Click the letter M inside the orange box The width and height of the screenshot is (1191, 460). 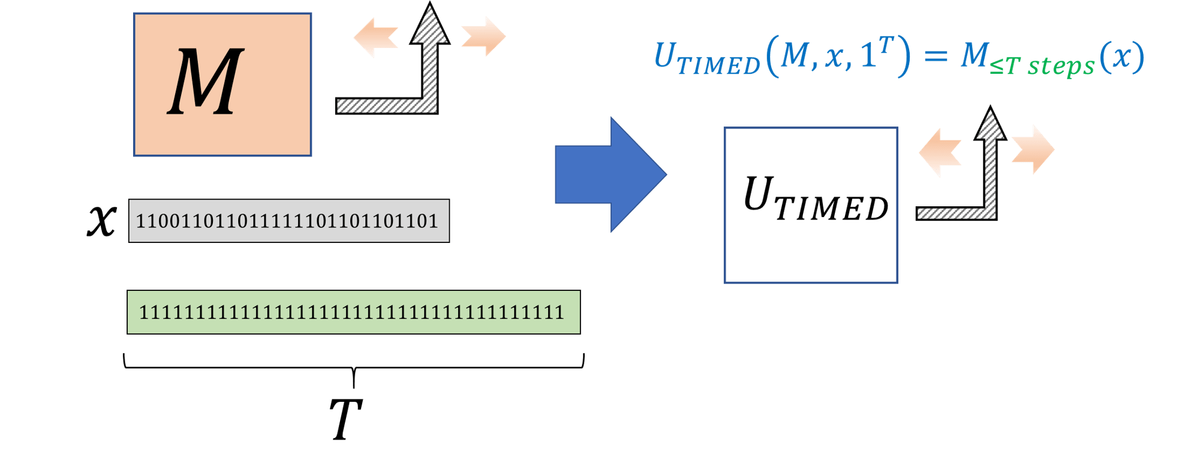pos(206,82)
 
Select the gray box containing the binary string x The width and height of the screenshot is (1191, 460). pos(288,221)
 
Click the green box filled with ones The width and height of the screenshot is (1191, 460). pos(353,312)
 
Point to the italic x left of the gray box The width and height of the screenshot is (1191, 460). pos(101,220)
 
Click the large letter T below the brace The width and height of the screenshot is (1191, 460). pos(345,419)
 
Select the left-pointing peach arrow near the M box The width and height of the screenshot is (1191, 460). pos(375,37)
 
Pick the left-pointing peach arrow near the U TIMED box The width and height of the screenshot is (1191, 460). pos(940,152)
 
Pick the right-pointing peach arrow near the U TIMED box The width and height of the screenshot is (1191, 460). pos(1033,150)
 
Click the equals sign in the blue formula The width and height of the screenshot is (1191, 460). pos(935,57)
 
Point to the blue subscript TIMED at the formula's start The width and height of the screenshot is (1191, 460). pos(718,65)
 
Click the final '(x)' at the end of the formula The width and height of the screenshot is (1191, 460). pos(1121,58)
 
